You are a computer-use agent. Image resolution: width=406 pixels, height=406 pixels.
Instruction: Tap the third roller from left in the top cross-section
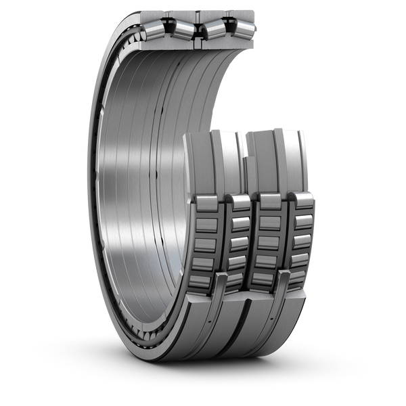(x=215, y=28)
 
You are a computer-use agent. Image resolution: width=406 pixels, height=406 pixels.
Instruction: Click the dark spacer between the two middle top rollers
(x=198, y=30)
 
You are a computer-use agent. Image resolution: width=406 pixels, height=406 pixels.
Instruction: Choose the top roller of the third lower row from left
(x=270, y=202)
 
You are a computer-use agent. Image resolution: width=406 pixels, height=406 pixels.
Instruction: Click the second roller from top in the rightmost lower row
(x=302, y=221)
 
